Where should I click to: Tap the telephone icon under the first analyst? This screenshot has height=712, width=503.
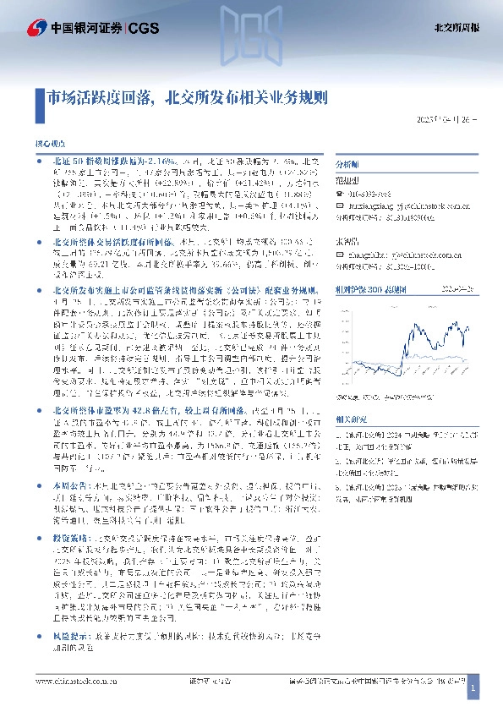341,193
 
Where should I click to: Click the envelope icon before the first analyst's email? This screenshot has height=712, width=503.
341,205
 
